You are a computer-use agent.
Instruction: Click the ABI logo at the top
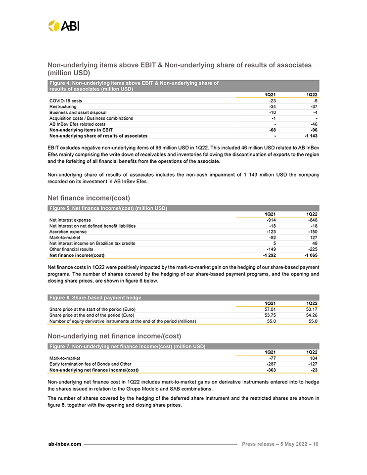[x=63, y=26]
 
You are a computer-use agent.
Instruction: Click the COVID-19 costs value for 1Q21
[x=271, y=100]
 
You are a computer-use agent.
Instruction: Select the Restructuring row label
[x=63, y=106]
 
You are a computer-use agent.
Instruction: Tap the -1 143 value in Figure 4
[x=310, y=136]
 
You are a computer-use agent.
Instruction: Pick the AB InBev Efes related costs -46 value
[x=313, y=124]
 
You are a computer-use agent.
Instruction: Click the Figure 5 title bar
[x=108, y=208]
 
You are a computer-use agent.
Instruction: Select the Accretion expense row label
[x=68, y=232]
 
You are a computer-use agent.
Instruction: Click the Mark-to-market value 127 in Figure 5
[x=313, y=237]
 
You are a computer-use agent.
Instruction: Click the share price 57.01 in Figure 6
[x=270, y=309]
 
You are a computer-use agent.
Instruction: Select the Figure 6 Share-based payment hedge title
[x=94, y=298]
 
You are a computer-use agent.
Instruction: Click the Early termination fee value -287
[x=269, y=364]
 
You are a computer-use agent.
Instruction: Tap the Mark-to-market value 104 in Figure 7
[x=313, y=358]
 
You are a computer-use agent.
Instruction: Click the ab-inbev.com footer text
[x=64, y=444]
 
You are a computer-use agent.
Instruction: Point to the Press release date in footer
[x=280, y=444]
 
